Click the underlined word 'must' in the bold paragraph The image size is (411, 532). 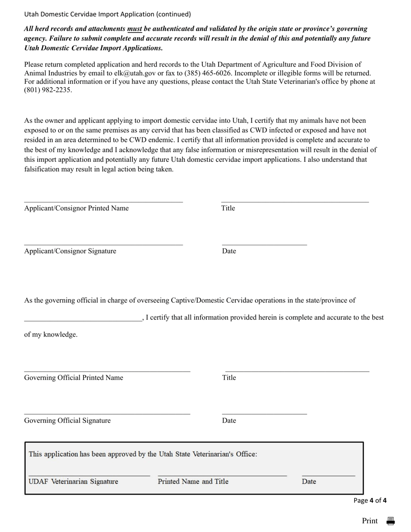134,29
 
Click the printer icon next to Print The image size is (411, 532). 390,521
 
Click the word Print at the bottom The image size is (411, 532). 370,521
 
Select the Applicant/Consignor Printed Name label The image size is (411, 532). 76,208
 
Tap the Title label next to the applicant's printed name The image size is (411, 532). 228,208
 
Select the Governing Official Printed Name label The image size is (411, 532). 74,378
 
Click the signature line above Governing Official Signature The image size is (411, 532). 107,413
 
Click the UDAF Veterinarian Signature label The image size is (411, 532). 73,481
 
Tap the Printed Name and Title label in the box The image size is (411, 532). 193,481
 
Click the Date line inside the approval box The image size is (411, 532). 328,475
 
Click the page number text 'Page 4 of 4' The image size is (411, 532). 370,500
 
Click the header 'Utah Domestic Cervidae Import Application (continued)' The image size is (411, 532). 107,14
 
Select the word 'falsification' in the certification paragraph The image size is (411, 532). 42,169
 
